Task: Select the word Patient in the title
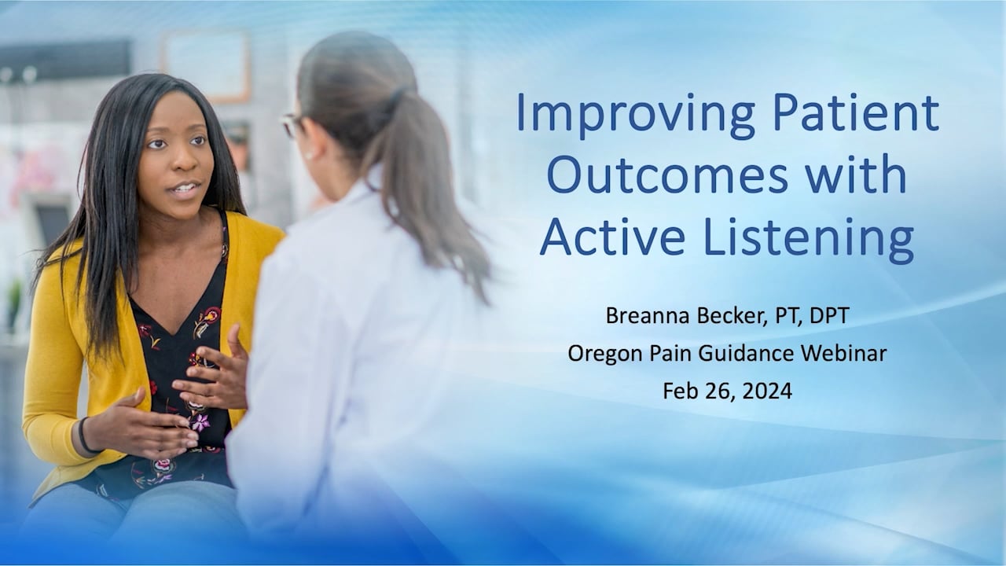[856, 112]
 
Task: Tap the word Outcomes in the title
[667, 175]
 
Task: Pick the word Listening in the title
[809, 240]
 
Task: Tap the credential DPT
[829, 315]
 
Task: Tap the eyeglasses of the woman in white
[292, 125]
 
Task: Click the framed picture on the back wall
[206, 66]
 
